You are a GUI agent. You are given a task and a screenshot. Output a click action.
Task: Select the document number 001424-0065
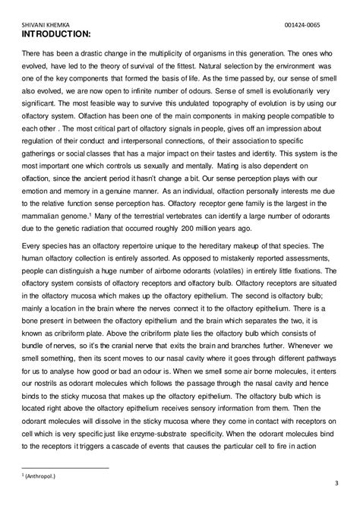[317, 24]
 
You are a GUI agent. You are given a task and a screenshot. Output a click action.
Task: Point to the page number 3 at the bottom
[336, 484]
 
